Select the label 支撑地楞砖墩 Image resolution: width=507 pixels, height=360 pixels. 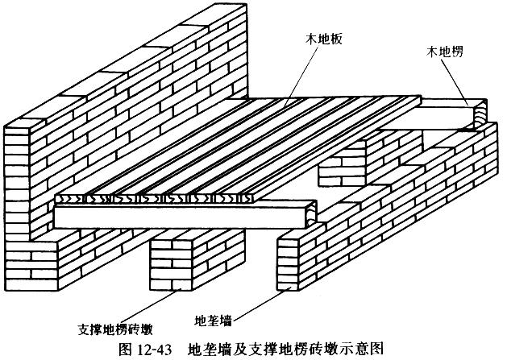pyautogui.click(x=115, y=329)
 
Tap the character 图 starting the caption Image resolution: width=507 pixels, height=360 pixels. pyautogui.click(x=126, y=349)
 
